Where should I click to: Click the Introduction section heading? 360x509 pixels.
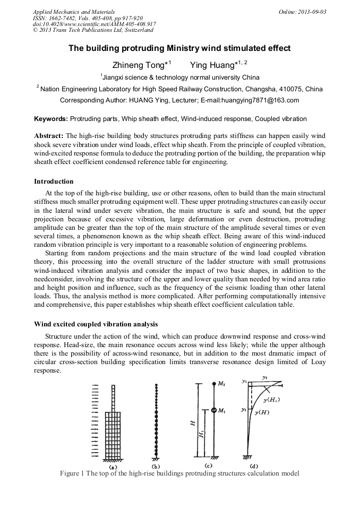[54, 182]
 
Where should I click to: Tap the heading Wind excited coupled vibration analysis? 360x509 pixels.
[96, 324]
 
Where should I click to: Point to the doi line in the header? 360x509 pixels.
[95, 24]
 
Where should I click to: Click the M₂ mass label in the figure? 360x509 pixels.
[221, 384]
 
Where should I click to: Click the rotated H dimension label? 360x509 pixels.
[193, 423]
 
